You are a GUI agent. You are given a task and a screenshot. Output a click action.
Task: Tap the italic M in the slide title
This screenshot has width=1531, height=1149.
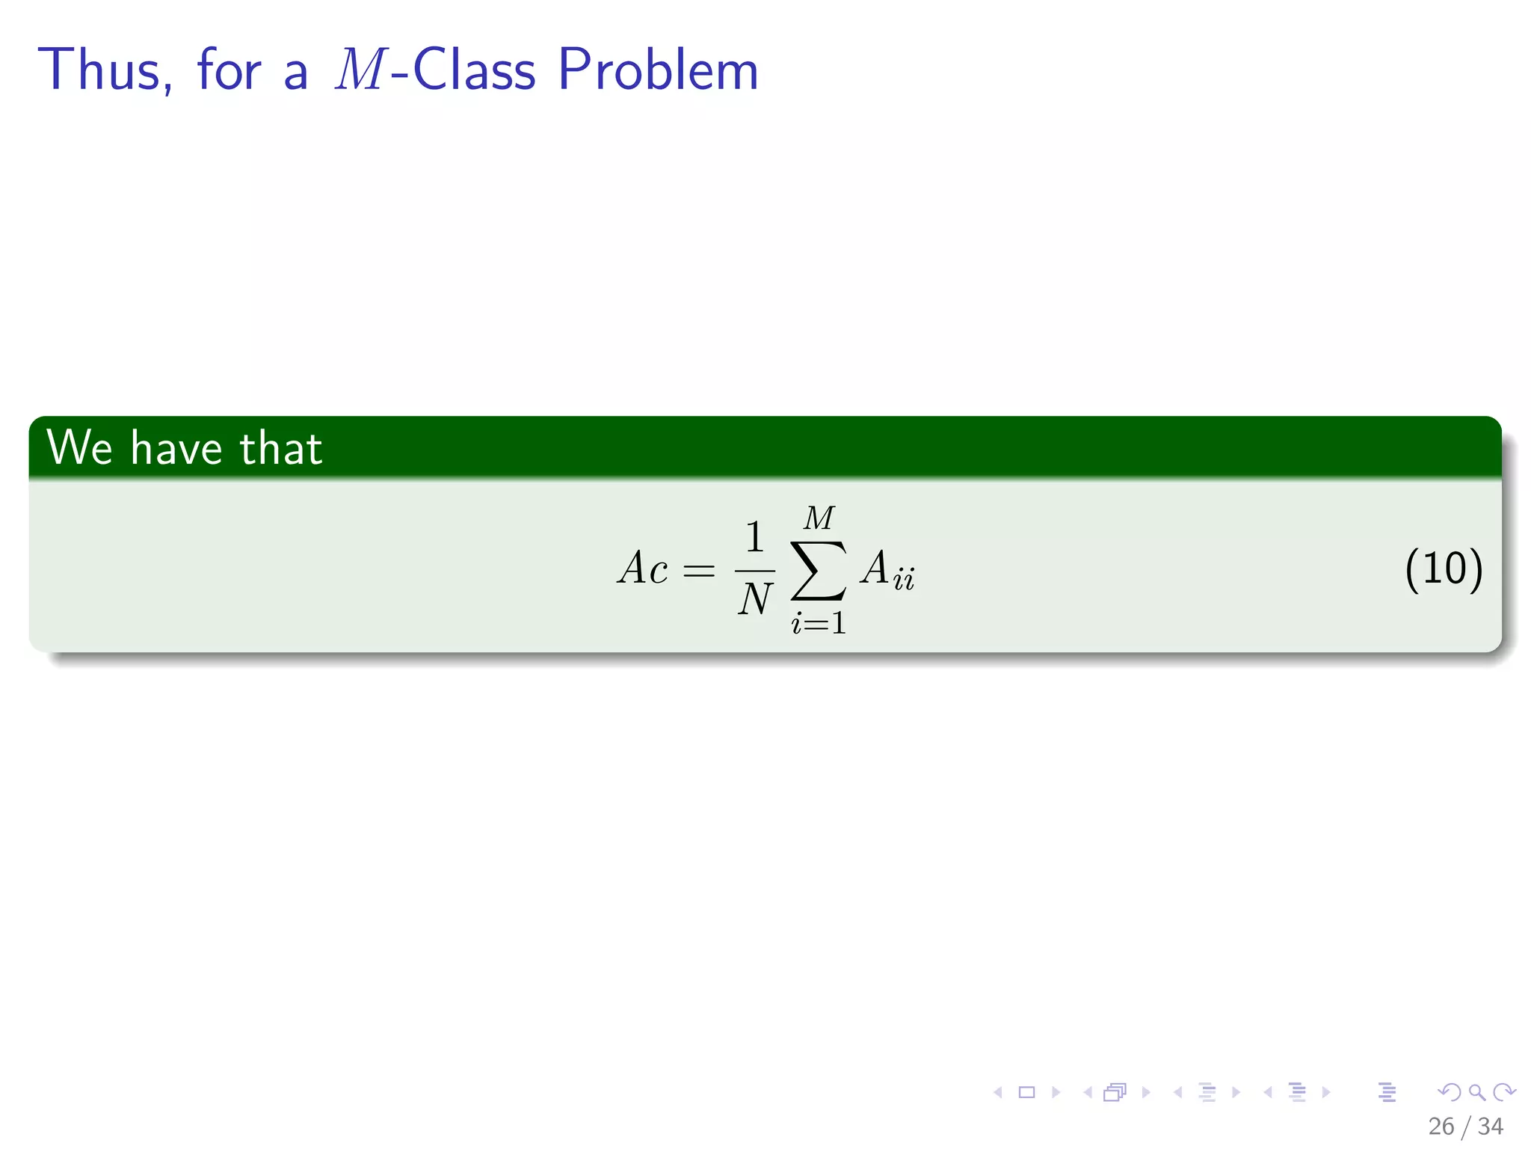360,70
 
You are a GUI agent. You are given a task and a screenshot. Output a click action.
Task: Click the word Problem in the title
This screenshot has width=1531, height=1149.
658,70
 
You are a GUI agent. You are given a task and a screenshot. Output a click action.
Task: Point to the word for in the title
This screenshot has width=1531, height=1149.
229,70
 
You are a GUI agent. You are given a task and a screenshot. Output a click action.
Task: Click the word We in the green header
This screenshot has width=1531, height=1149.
79,448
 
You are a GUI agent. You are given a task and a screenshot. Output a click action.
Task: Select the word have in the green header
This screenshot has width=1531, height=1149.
176,448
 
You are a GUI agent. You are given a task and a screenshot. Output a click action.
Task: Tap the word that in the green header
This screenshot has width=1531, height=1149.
281,448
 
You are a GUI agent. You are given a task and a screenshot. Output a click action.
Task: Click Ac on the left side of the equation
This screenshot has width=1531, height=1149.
642,568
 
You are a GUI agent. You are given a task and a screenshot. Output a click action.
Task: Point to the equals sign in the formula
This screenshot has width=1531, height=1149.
699,572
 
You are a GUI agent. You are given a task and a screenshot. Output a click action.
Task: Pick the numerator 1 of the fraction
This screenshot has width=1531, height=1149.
754,537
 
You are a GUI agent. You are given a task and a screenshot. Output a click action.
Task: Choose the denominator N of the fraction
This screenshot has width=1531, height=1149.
754,599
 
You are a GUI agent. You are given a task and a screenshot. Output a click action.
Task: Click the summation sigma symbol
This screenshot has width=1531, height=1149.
819,570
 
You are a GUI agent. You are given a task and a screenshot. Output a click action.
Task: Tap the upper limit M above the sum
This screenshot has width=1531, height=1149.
819,518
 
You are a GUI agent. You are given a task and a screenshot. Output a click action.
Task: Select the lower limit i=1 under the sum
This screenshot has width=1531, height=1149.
819,623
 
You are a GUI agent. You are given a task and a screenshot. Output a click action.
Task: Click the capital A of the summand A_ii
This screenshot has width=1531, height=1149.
875,568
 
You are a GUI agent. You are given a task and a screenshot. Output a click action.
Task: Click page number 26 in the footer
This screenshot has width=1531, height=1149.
1441,1127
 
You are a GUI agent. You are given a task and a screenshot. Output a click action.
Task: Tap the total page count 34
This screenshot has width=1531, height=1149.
1490,1127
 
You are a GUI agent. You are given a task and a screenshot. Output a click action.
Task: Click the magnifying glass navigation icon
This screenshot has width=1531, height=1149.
1476,1092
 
